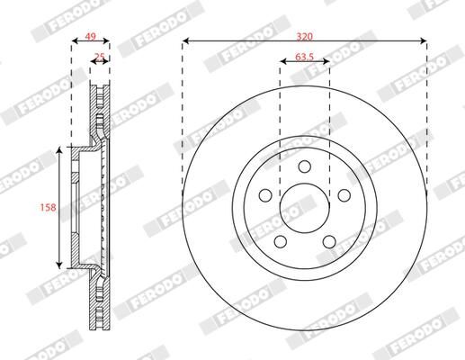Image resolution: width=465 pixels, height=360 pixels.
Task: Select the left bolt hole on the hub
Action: coord(265,195)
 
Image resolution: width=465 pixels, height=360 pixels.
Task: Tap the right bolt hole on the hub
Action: coord(343,195)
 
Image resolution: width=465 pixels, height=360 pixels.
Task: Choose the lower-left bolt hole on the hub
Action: coord(280,240)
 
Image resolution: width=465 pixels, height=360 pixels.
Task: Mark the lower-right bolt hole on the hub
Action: coord(328,240)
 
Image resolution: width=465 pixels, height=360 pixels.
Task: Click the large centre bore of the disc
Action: coord(304,206)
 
